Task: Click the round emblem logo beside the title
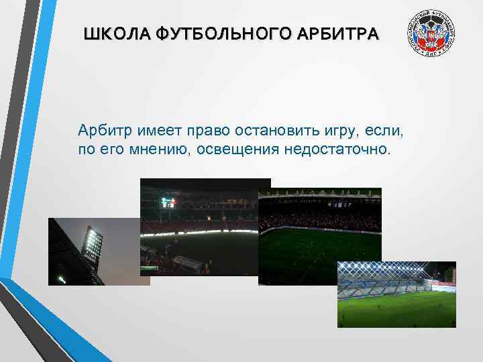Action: tap(431, 34)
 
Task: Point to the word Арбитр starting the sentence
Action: tap(101, 129)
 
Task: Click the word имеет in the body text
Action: tap(155, 129)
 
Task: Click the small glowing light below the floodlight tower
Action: tap(62, 278)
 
